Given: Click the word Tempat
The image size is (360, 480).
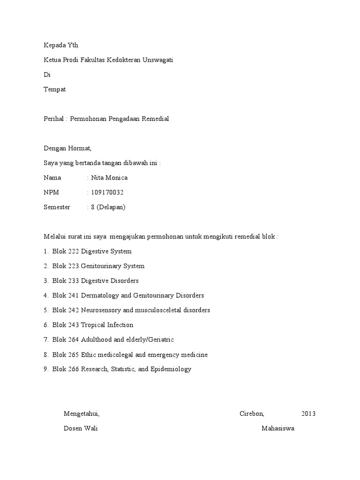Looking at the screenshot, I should coord(54,89).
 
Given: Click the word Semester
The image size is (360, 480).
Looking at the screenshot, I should coord(57,207).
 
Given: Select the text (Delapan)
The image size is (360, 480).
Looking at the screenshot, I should coord(112,207).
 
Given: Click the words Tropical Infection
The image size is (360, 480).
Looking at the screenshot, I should coord(107,325).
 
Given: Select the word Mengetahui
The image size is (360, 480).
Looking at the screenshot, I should coord(82,414).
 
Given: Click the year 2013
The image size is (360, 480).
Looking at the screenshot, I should coord(308,414).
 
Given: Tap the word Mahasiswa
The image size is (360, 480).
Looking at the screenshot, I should coord(278,428).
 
